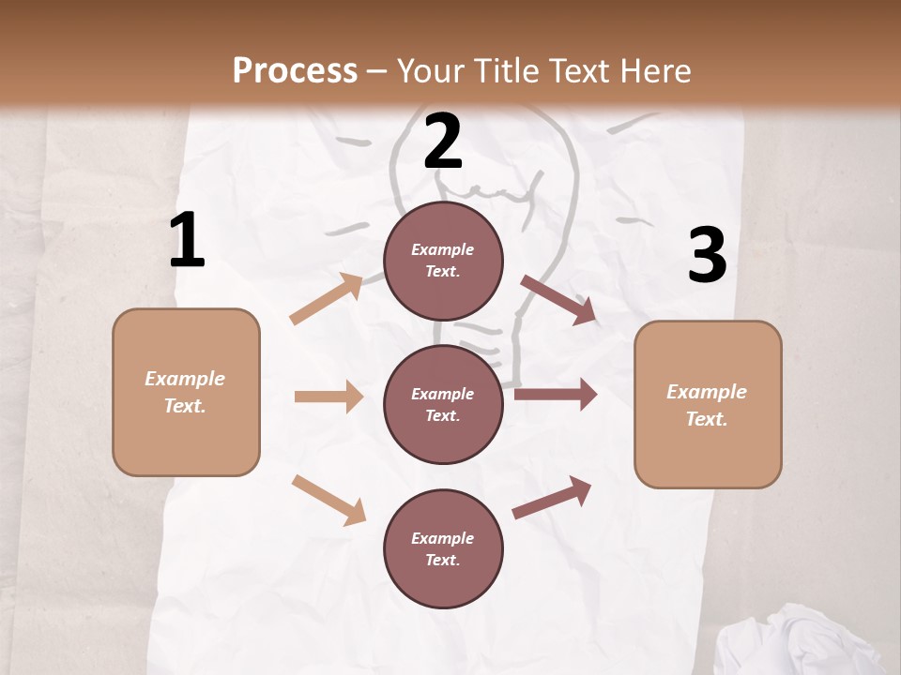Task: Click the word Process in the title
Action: click(x=295, y=70)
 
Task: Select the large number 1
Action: click(x=187, y=240)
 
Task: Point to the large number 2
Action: click(x=443, y=142)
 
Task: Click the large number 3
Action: click(x=707, y=255)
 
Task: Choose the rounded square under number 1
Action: click(x=186, y=392)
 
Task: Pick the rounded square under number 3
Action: click(x=708, y=405)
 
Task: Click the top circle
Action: click(x=443, y=261)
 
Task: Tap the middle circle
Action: click(x=443, y=404)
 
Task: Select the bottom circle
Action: click(x=443, y=548)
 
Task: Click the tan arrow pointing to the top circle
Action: click(x=327, y=299)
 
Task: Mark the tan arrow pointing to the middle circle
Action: click(x=328, y=397)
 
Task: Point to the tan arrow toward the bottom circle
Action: click(x=328, y=500)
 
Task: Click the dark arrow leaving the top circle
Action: click(x=559, y=299)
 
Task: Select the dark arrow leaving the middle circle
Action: click(x=556, y=395)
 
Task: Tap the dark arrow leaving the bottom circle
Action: click(x=552, y=497)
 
